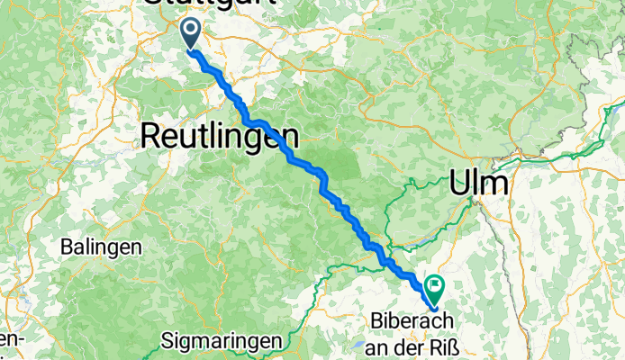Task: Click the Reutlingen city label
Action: (219, 135)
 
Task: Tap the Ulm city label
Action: (477, 184)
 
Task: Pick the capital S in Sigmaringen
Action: (168, 342)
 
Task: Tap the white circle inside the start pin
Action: (192, 30)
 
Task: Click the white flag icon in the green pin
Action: (436, 286)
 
